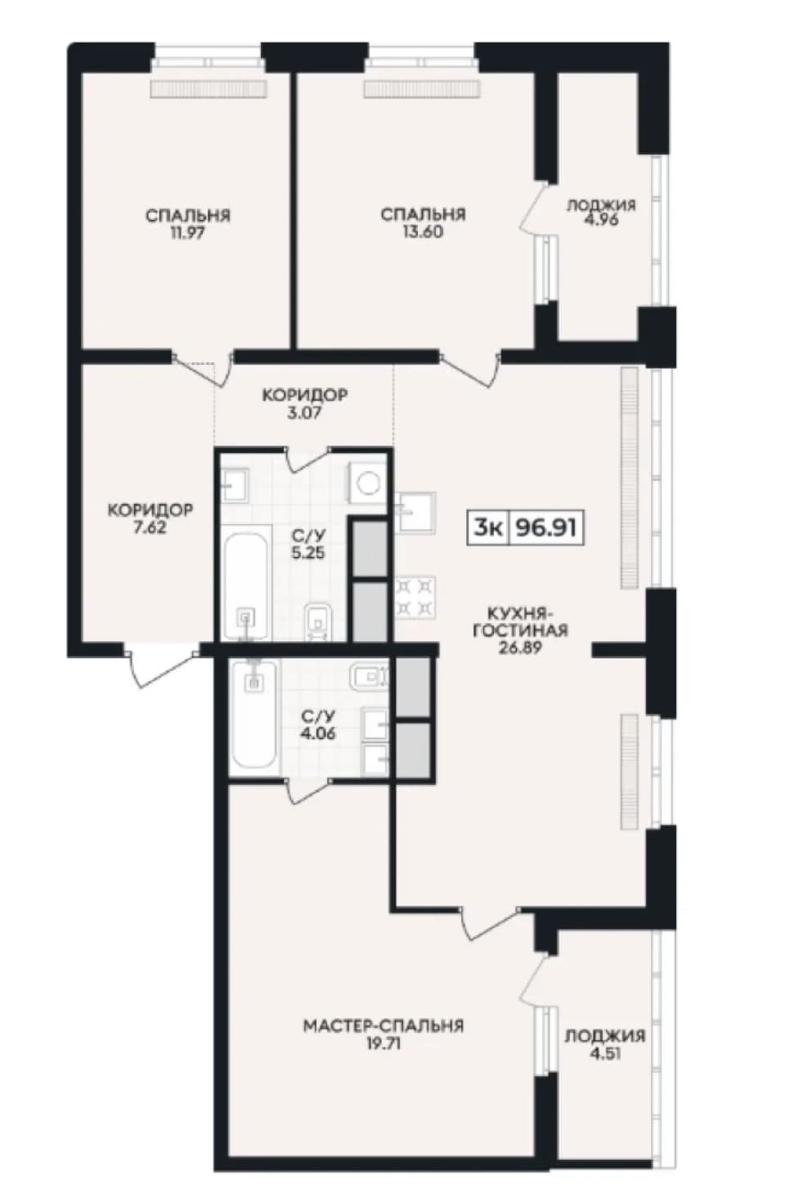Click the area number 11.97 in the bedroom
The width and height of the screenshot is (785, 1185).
pyautogui.click(x=187, y=233)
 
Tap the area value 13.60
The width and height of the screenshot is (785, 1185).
pyautogui.click(x=423, y=231)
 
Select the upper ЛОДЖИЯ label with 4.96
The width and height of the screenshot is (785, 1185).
pyautogui.click(x=601, y=212)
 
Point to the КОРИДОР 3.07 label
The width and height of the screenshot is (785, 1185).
pyautogui.click(x=305, y=404)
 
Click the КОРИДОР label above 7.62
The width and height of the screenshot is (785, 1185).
pyautogui.click(x=150, y=510)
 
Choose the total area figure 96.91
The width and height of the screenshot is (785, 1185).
pyautogui.click(x=545, y=527)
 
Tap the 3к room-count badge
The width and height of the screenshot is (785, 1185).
pyautogui.click(x=487, y=527)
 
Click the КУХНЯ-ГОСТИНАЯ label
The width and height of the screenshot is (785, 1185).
pyautogui.click(x=520, y=622)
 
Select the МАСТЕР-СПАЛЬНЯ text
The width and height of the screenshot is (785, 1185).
pyautogui.click(x=384, y=1026)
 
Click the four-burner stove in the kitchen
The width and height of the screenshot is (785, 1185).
pyautogui.click(x=415, y=597)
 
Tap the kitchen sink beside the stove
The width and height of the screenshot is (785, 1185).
pyautogui.click(x=415, y=512)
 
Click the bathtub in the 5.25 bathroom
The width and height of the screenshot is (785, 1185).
pyautogui.click(x=245, y=586)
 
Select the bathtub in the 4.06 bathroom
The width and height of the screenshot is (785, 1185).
pyautogui.click(x=254, y=713)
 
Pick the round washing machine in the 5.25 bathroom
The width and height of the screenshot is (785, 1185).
pyautogui.click(x=366, y=483)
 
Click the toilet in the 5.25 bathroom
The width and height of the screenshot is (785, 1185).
pyautogui.click(x=319, y=622)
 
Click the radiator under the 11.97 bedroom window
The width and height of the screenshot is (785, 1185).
pyautogui.click(x=209, y=89)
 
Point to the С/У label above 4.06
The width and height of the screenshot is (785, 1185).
pyautogui.click(x=318, y=717)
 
